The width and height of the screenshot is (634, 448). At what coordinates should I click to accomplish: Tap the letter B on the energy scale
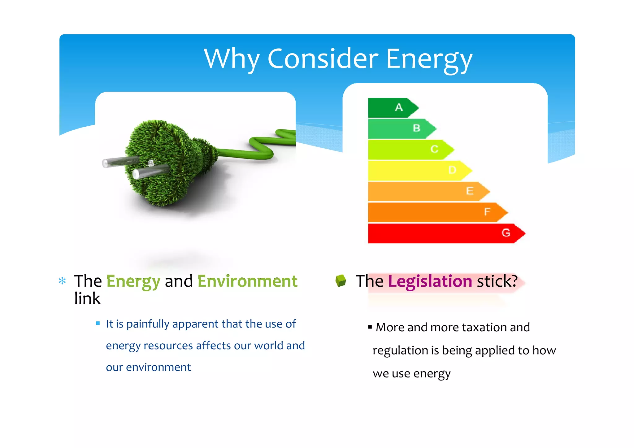(416, 128)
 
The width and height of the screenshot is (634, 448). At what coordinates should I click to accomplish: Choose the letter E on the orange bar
(470, 191)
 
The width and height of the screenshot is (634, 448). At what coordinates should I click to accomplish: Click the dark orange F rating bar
(433, 212)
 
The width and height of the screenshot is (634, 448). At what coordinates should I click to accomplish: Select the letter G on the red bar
(506, 233)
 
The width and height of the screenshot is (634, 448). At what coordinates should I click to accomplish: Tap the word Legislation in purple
(430, 281)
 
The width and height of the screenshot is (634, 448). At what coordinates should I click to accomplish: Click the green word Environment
(247, 281)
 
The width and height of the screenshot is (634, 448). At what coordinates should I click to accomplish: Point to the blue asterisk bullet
(62, 281)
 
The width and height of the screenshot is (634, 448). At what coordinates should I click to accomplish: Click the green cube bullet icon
(341, 281)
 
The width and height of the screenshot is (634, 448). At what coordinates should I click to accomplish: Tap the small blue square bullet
(98, 323)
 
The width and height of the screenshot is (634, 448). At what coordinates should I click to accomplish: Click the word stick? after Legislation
(497, 281)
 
